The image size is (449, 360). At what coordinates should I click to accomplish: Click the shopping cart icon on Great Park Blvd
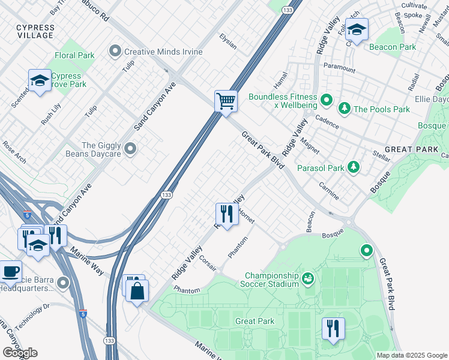point(226,100)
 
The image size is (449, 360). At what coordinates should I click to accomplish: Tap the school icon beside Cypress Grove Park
point(40,81)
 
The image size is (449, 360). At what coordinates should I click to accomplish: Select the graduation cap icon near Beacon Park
point(357,30)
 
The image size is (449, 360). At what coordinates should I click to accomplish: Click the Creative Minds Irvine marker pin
point(115,52)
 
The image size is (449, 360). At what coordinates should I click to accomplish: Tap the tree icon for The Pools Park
point(345,109)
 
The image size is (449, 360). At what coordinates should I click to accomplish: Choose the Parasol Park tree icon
point(354,167)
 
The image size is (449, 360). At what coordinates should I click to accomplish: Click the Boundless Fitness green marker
point(326,99)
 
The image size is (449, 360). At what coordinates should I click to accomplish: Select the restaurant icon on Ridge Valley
point(226,214)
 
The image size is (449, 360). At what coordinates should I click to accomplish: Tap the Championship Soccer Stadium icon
point(308,278)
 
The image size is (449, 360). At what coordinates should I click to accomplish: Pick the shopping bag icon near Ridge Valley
point(137,292)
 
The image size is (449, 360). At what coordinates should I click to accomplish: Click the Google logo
point(20,353)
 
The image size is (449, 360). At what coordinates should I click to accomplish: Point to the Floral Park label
point(74,55)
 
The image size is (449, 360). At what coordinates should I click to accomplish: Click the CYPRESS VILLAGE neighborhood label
point(35,32)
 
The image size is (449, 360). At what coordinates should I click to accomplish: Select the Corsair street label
point(208,264)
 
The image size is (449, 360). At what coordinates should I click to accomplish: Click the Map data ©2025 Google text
point(412,355)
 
